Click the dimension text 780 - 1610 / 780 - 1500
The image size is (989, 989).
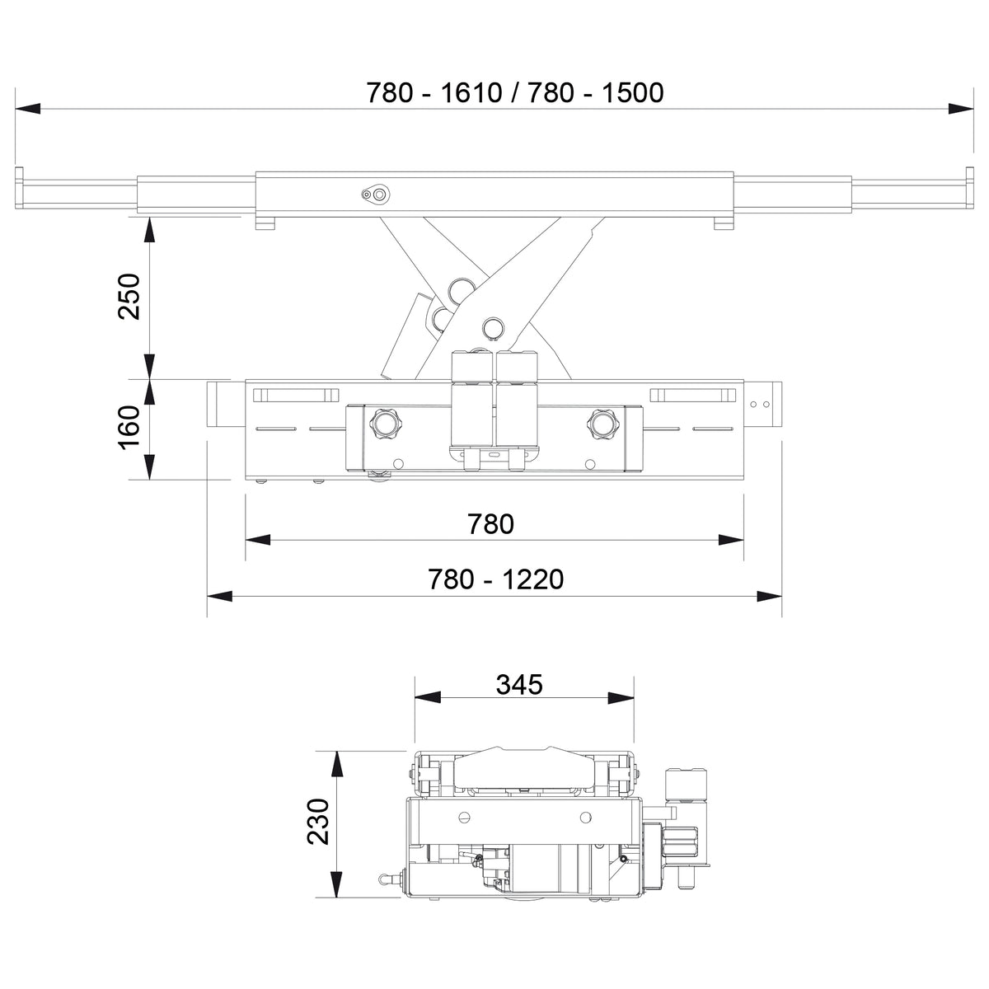click(515, 93)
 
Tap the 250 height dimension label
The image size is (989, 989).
click(129, 297)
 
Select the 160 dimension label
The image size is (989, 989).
click(129, 428)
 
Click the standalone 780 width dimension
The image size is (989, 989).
click(490, 524)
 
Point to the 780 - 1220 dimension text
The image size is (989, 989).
click(496, 579)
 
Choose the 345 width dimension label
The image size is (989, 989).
click(519, 684)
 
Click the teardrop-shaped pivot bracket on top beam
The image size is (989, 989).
click(376, 195)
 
